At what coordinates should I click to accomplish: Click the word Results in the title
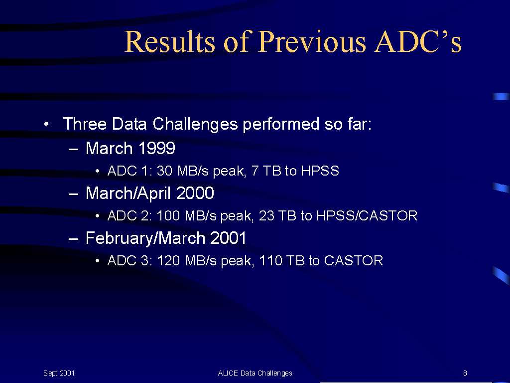click(169, 41)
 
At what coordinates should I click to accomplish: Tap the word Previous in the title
click(312, 41)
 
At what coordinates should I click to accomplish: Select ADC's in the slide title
click(418, 41)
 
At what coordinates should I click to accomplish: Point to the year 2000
click(195, 193)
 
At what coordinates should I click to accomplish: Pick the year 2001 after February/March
click(228, 238)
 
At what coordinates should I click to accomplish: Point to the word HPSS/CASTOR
click(367, 215)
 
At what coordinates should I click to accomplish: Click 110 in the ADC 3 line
click(270, 260)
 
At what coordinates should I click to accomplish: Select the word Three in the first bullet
click(85, 124)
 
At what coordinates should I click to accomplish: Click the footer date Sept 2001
click(59, 373)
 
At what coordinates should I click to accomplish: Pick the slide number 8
click(465, 373)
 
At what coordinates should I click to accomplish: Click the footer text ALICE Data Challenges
click(255, 374)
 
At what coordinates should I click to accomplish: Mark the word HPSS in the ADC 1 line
click(320, 171)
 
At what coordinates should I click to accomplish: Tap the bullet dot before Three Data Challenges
click(47, 124)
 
